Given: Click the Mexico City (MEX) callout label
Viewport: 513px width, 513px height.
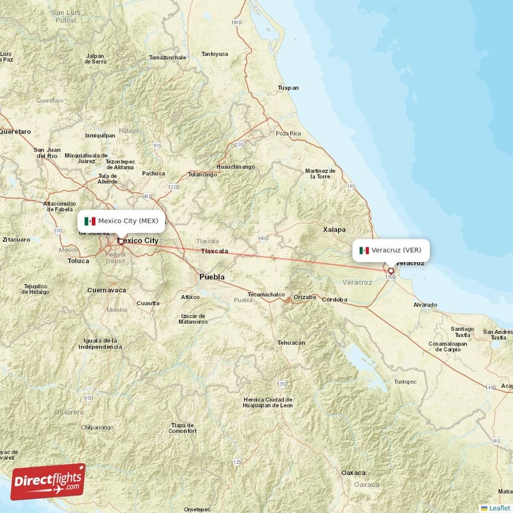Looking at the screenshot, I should (121, 221).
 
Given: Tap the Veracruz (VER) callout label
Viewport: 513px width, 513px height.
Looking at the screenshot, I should (391, 250).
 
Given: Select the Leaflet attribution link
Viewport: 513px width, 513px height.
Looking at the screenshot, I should (499, 508).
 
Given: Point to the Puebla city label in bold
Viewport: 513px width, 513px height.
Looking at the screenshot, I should (212, 277).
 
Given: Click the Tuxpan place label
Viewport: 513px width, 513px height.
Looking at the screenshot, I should (288, 88).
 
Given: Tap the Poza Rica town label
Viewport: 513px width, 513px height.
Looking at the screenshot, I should (288, 133).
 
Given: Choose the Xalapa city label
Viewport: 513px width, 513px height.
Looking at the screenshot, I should (333, 229).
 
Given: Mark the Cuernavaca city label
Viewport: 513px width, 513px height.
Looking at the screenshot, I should (106, 290).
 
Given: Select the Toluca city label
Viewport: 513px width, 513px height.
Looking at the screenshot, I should (78, 262).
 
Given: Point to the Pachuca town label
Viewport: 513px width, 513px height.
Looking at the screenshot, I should (153, 173).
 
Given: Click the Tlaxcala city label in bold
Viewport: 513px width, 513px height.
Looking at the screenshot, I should (214, 251).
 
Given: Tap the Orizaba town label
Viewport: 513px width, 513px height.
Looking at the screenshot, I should (305, 297).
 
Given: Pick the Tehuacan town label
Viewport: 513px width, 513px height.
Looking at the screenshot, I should (290, 343).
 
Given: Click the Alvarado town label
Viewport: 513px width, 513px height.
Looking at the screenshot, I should (425, 305).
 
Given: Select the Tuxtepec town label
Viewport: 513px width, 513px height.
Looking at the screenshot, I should (405, 382).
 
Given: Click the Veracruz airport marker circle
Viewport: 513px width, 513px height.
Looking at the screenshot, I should (391, 271).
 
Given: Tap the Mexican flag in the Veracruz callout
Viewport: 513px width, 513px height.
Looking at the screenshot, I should (364, 250).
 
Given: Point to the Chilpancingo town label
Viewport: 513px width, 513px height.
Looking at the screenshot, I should (97, 426).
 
